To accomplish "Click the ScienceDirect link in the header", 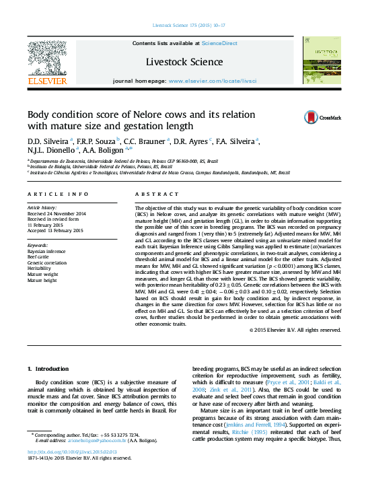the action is (x=220, y=43).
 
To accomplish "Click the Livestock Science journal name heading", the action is (x=184, y=62).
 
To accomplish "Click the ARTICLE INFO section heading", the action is (x=58, y=194).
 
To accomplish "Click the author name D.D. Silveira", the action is (x=46, y=141).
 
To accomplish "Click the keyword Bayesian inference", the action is (x=46, y=251).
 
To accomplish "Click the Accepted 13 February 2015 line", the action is (x=55, y=230).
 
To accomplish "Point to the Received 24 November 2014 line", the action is (x=57, y=213).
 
